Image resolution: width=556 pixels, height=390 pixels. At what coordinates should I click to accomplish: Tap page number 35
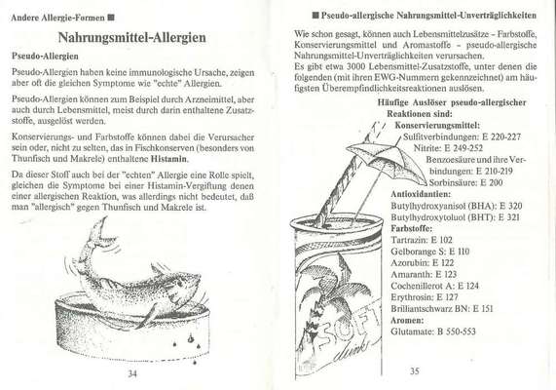[x=413, y=370]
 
